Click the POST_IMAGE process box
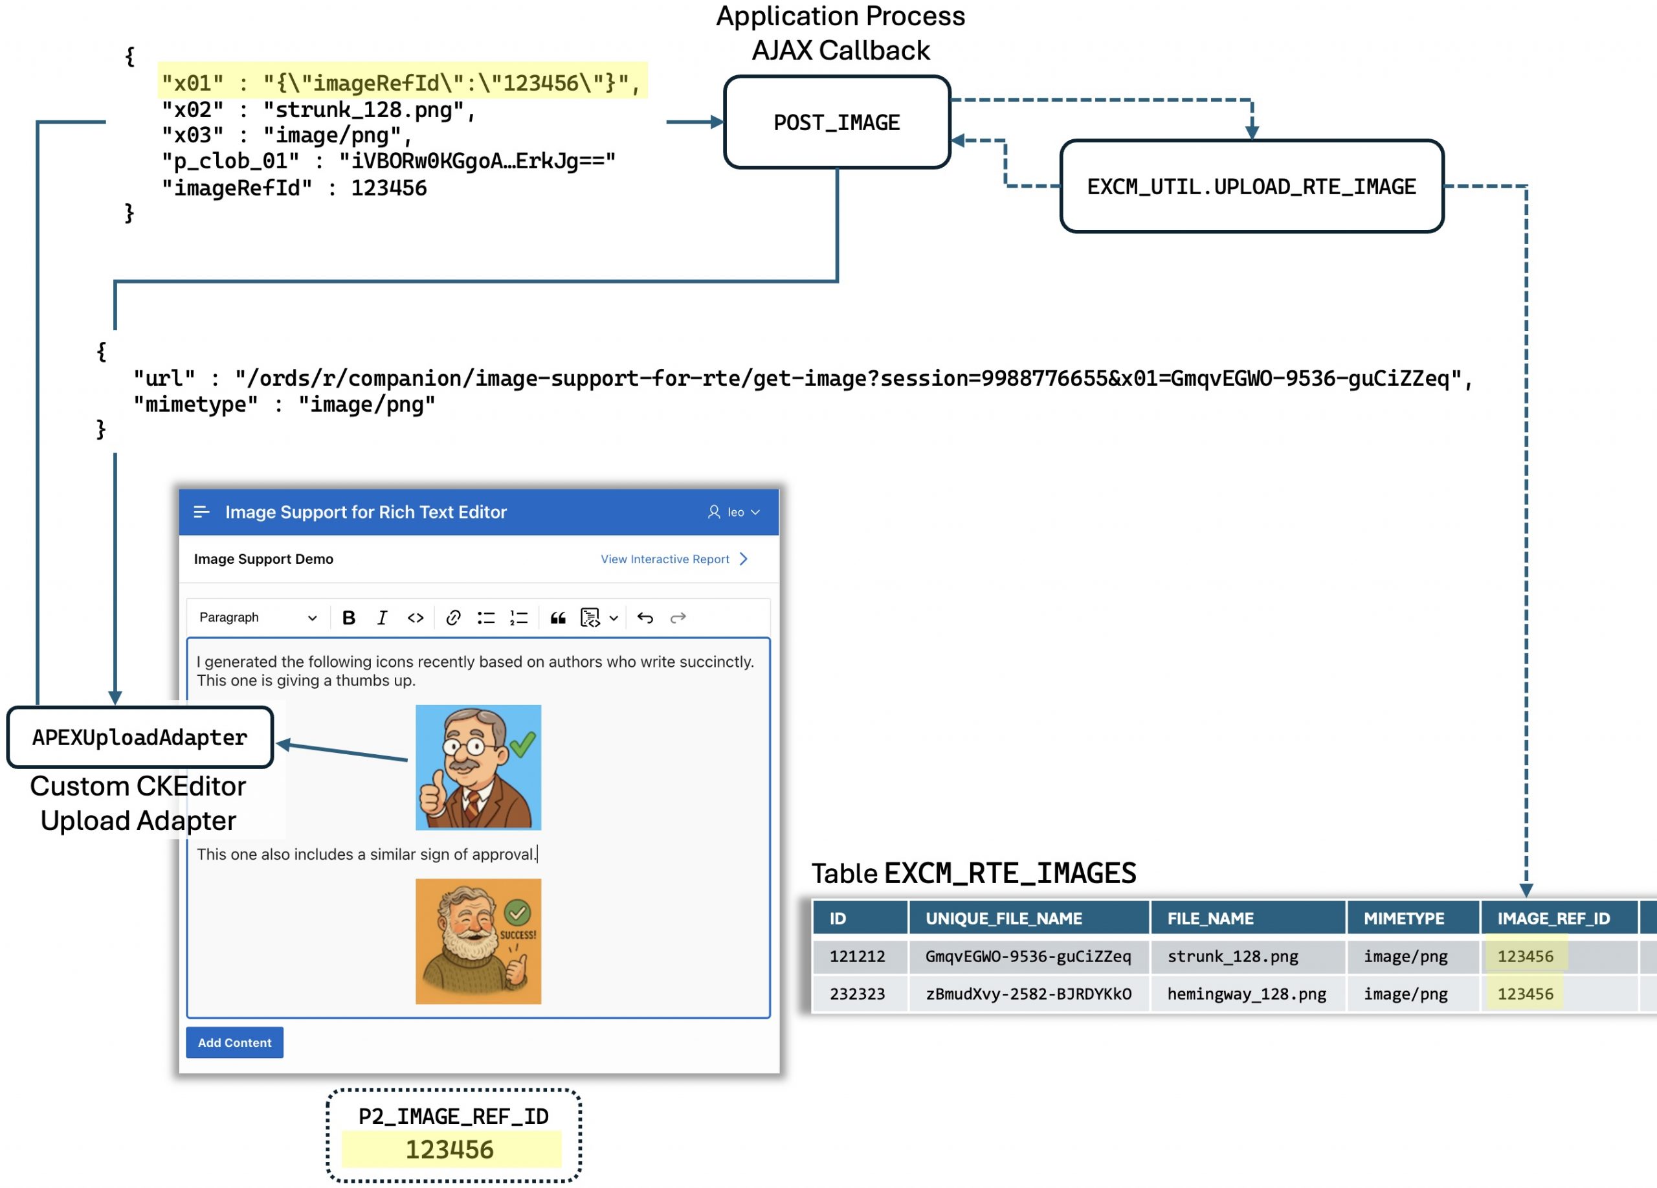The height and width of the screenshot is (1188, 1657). [x=836, y=122]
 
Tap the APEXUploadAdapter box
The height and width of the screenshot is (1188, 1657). [x=140, y=737]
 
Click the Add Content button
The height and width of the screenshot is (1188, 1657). [x=234, y=1042]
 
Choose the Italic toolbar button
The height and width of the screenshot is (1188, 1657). [x=381, y=618]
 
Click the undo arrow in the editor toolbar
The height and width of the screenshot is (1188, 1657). [x=645, y=618]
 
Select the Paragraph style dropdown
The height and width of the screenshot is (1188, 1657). [x=258, y=618]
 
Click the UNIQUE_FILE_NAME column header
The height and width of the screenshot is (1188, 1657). [x=1003, y=919]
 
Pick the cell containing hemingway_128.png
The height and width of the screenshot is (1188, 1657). [x=1247, y=994]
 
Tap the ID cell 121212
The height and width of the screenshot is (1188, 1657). [x=857, y=956]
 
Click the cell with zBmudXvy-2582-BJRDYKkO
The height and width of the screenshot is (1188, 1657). [x=1028, y=994]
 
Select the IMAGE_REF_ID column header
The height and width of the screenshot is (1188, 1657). [x=1553, y=919]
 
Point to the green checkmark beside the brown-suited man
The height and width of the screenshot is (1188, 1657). [x=522, y=744]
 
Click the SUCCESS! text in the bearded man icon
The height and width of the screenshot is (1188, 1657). [x=517, y=934]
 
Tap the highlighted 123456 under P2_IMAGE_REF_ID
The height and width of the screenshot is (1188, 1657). [x=450, y=1149]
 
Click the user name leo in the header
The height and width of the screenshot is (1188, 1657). [x=735, y=512]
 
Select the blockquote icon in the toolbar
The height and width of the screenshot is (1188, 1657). [x=557, y=618]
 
